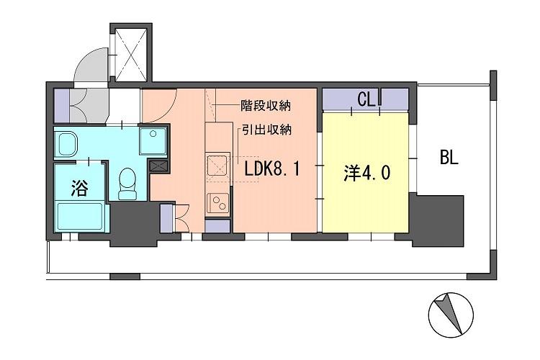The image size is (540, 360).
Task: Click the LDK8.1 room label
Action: (272, 170)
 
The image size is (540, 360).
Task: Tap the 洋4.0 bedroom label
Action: (366, 173)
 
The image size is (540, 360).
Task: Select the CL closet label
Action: (366, 100)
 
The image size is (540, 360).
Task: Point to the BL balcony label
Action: (449, 158)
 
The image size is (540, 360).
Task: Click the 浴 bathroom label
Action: (79, 188)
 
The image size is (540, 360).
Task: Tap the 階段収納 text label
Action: (266, 105)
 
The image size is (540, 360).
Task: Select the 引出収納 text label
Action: (266, 130)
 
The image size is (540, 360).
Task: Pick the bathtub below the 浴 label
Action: (81, 216)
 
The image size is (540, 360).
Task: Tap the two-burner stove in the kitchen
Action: (218, 203)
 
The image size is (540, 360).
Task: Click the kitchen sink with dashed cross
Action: (217, 166)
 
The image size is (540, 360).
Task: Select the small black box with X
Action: (158, 166)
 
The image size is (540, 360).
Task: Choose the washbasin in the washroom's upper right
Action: (153, 140)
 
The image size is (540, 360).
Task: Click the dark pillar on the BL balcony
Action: (438, 220)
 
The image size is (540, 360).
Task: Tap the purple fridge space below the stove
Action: (217, 226)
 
